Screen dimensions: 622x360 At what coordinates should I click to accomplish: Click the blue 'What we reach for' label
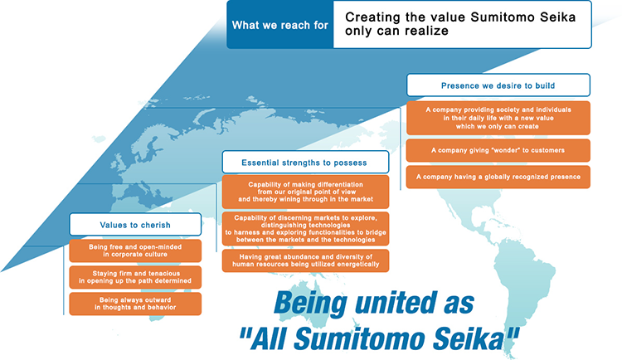(x=280, y=25)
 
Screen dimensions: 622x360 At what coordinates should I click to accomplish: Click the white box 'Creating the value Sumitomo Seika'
(x=462, y=24)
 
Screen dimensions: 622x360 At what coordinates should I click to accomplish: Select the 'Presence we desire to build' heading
(x=498, y=85)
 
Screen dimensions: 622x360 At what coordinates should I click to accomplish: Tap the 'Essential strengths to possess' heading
(x=305, y=162)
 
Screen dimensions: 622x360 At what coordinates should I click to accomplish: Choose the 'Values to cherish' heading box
(x=135, y=224)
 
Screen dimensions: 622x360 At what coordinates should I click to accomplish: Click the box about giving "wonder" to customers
(x=498, y=150)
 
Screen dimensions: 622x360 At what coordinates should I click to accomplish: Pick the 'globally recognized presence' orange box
(x=498, y=177)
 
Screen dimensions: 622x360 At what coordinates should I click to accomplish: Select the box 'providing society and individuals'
(x=498, y=118)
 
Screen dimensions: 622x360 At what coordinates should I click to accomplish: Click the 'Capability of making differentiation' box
(x=305, y=192)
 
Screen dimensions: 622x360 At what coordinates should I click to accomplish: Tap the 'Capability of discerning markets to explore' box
(x=305, y=229)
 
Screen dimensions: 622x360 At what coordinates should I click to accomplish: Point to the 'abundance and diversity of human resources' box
(x=305, y=260)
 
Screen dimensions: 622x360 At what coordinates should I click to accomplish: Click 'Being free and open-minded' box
(x=135, y=251)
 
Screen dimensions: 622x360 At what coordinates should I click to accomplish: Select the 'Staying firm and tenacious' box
(x=135, y=277)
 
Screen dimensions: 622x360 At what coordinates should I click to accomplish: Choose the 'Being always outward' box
(x=135, y=304)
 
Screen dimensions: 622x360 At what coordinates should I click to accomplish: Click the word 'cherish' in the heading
(x=153, y=225)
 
